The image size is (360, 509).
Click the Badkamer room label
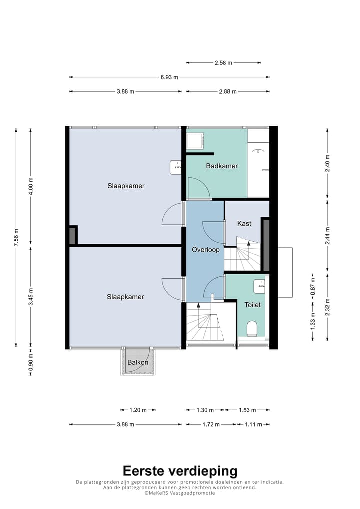click(222, 166)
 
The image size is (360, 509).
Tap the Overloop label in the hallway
click(206, 250)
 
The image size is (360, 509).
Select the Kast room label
click(244, 223)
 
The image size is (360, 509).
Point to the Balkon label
click(138, 362)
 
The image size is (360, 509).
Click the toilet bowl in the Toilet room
click(252, 328)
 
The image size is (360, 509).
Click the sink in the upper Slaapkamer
click(176, 167)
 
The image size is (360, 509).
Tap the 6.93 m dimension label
click(169, 77)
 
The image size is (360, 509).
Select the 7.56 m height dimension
click(16, 237)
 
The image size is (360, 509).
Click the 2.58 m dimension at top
click(223, 63)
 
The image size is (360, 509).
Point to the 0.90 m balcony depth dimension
click(31, 362)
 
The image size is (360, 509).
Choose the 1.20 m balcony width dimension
click(138, 410)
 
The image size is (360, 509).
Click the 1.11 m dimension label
click(253, 424)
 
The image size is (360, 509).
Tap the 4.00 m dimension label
click(31, 186)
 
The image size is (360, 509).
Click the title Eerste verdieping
click(180, 470)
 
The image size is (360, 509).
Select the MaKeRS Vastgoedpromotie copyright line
click(180, 493)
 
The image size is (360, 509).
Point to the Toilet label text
click(253, 305)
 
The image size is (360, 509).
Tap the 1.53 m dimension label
click(247, 410)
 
